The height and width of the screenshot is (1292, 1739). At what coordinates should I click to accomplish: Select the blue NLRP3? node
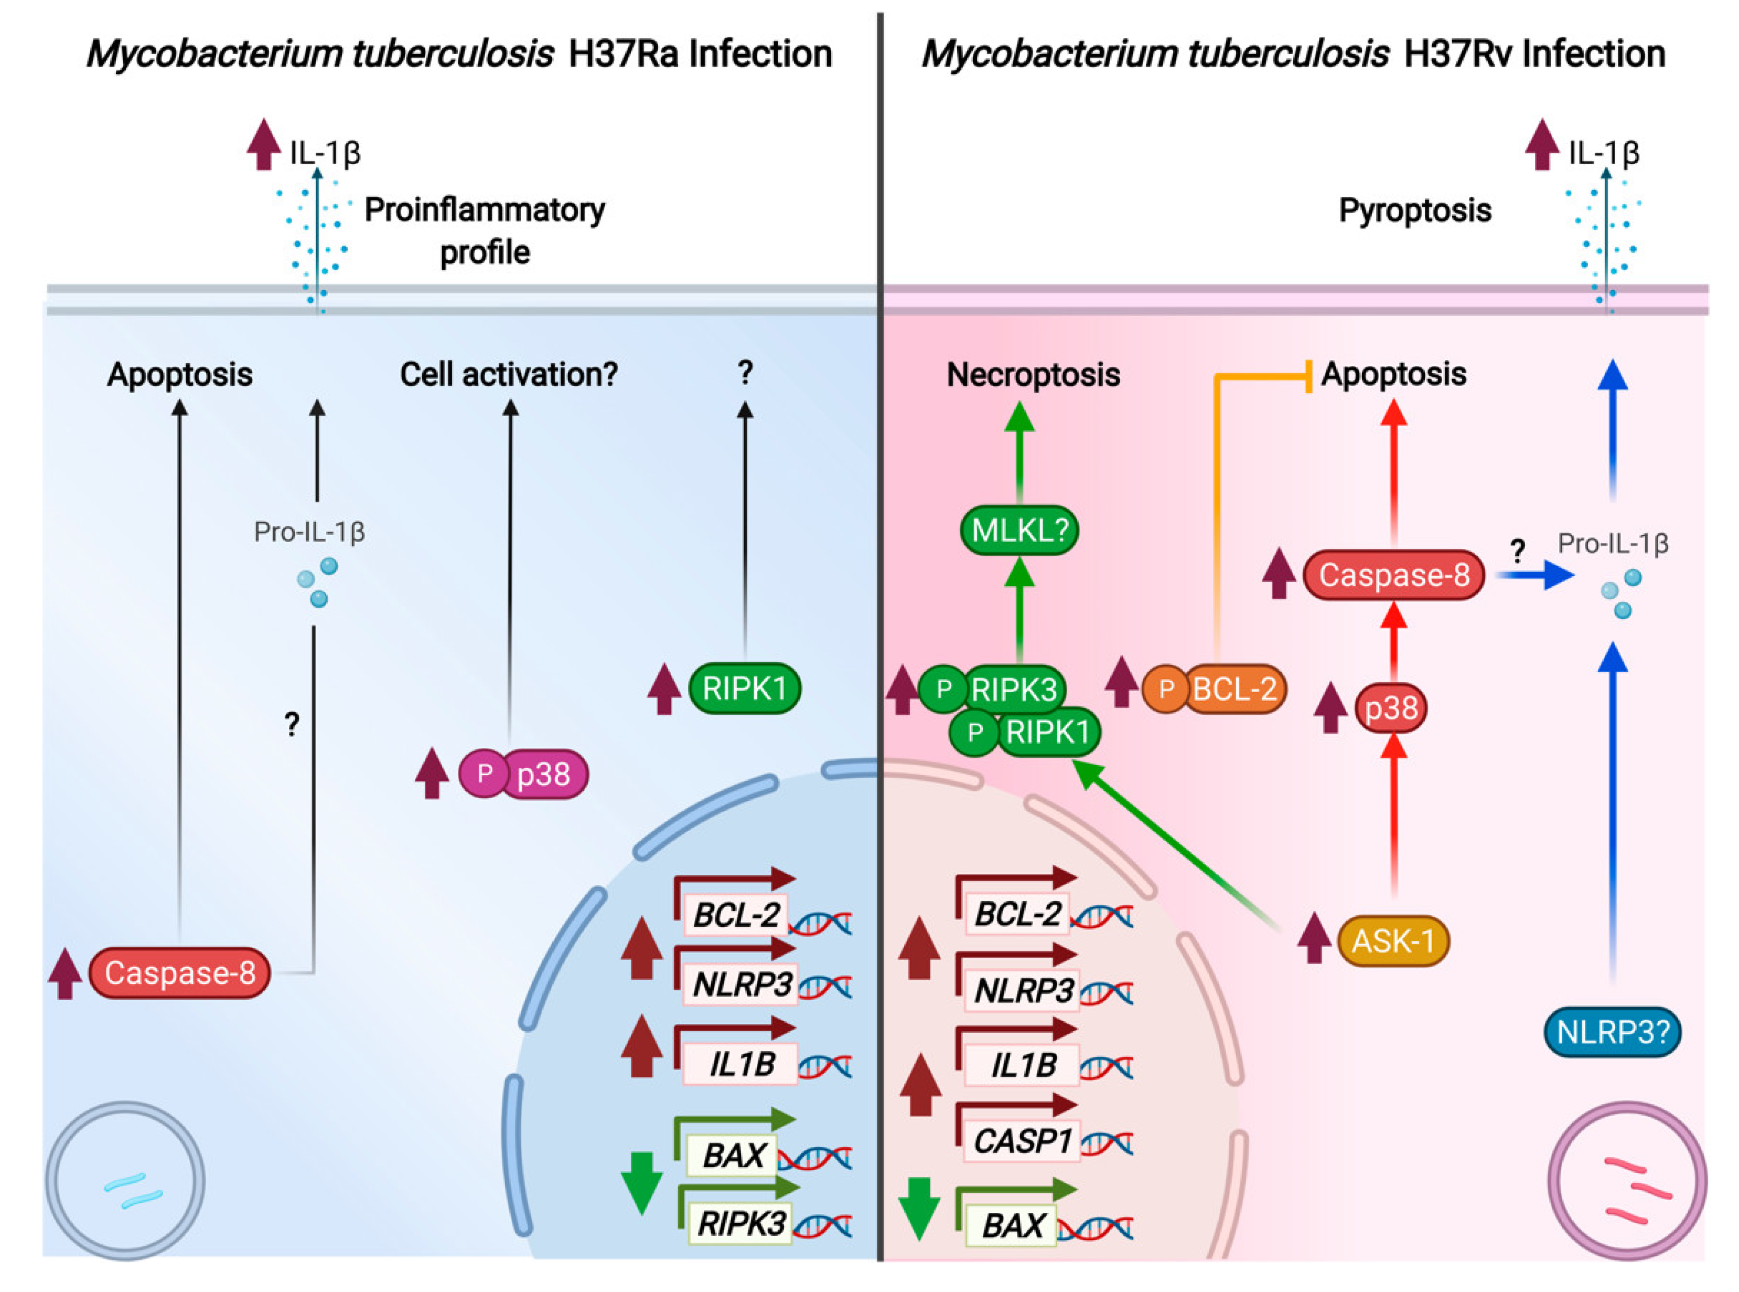tap(1612, 1032)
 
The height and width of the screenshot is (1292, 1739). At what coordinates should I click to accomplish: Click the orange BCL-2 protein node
tap(1233, 689)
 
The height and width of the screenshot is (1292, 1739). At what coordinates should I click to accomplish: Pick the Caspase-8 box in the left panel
tap(180, 973)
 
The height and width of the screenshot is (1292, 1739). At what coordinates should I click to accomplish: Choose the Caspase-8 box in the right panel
tap(1393, 575)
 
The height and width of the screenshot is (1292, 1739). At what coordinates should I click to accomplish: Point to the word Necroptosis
tap(1033, 375)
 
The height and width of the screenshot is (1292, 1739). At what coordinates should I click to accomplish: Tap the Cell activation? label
tap(508, 375)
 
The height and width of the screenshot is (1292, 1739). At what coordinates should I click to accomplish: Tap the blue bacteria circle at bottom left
tap(125, 1181)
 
